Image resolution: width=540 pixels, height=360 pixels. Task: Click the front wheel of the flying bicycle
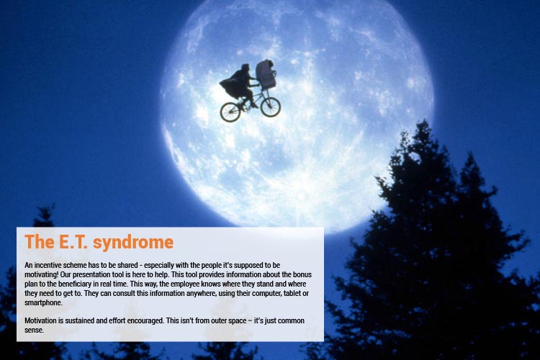(270, 107)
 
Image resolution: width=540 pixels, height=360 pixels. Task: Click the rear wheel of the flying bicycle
(230, 112)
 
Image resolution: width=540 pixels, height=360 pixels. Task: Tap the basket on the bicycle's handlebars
(266, 74)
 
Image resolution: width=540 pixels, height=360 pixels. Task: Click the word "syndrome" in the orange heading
(133, 242)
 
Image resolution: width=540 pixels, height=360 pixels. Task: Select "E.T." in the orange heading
(73, 241)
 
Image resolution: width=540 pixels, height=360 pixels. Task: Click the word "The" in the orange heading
(40, 241)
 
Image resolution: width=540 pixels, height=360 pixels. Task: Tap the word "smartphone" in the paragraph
(43, 303)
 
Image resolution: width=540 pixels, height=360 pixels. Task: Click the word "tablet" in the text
(292, 293)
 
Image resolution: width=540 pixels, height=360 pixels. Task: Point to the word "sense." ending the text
(34, 330)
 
